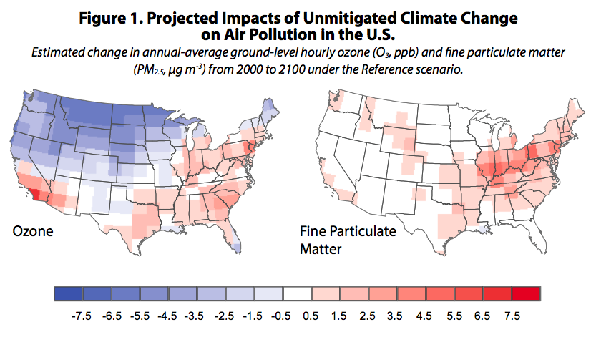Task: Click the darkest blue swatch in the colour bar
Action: tap(69, 293)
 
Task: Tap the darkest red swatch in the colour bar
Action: tap(526, 293)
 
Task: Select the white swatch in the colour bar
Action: tap(297, 293)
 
